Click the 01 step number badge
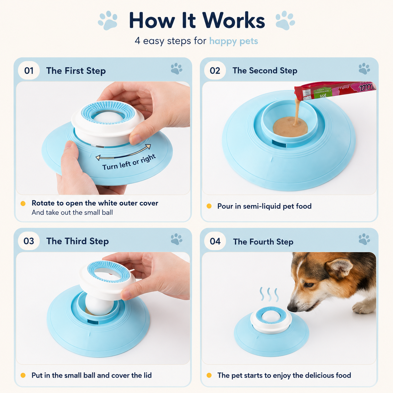(x=29, y=71)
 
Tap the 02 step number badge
(x=215, y=71)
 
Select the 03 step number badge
(x=29, y=241)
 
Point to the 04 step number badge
(x=215, y=241)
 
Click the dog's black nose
(x=292, y=308)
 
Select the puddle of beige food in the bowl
(x=290, y=127)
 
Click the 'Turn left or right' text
(x=129, y=162)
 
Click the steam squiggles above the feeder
(x=269, y=295)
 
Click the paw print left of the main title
(x=108, y=20)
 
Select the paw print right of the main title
(x=285, y=20)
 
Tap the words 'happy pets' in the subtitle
(x=233, y=41)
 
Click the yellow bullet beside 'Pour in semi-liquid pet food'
(x=209, y=206)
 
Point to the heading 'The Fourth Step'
(x=263, y=242)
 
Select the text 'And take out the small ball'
(x=72, y=212)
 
